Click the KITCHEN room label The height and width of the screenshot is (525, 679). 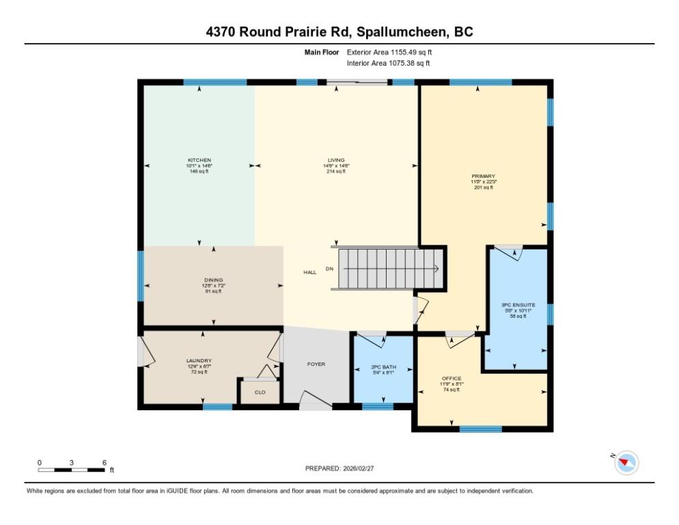199,160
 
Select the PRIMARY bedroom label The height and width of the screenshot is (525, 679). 483,176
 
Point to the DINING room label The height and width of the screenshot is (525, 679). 213,280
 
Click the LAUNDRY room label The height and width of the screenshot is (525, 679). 199,360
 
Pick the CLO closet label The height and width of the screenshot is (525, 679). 260,392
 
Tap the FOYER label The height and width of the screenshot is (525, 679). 316,364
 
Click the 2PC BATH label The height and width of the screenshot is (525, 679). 383,367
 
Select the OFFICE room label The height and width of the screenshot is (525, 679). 452,378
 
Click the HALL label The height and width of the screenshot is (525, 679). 309,272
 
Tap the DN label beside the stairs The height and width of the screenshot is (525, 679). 329,269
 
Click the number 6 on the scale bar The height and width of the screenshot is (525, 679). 104,463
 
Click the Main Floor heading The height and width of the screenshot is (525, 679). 322,52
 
